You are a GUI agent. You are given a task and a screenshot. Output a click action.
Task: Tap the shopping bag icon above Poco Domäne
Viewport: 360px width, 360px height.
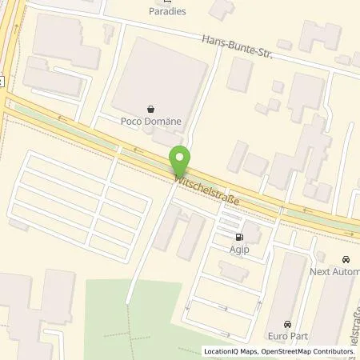[x=150, y=106]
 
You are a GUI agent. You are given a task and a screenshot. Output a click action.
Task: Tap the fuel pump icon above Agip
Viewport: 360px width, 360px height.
[x=238, y=237]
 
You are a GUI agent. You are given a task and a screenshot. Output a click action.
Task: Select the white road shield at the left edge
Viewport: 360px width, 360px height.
[x=2, y=80]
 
